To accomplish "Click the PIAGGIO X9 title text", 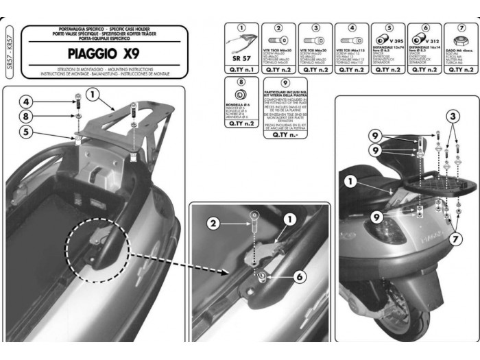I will [x=101, y=53].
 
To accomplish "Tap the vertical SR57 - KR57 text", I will [x=8, y=54].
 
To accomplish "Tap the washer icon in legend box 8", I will [x=241, y=94].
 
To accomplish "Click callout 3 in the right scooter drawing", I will [x=453, y=118].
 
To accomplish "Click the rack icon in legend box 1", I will [x=241, y=44].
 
